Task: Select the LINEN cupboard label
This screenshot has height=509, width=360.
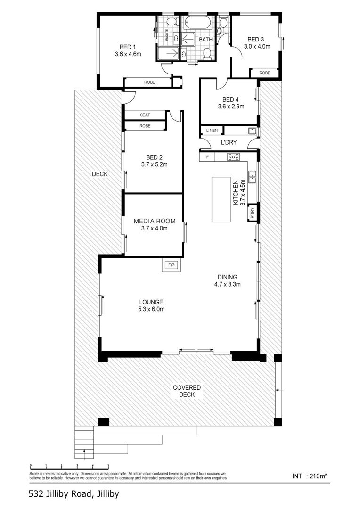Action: (212, 131)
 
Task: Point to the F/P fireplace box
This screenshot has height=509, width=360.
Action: (172, 265)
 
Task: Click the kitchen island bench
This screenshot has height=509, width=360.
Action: (221, 200)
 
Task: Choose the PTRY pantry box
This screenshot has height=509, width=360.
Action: (253, 213)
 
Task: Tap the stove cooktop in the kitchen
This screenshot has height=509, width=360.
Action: (234, 157)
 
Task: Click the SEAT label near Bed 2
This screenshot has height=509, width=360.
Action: (145, 115)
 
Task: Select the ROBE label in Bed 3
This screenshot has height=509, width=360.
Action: (264, 73)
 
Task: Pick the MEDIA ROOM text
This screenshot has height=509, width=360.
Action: (155, 221)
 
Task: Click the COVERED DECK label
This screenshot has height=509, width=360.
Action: (187, 391)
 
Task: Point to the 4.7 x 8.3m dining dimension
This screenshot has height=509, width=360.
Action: (227, 284)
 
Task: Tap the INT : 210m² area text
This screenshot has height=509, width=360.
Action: (310, 476)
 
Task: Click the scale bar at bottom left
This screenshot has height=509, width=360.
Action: (69, 466)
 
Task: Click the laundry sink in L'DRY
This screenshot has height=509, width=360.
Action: (253, 131)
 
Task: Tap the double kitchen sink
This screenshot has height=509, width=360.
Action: (253, 177)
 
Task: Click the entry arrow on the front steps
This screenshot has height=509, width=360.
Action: (84, 454)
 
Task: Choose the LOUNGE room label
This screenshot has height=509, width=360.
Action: (151, 302)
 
